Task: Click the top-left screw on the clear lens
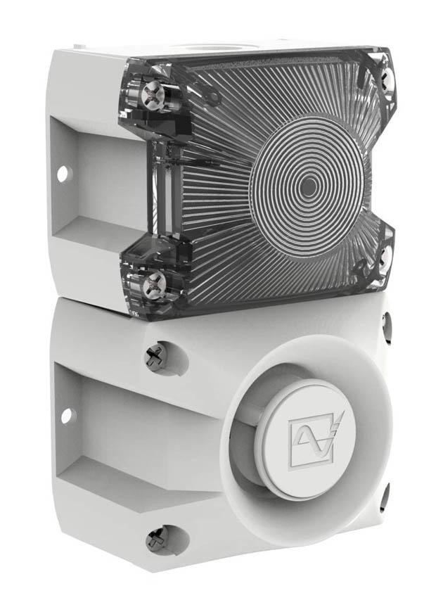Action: pos(154,93)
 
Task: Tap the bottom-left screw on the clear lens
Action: pos(154,285)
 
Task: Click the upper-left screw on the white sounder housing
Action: pos(154,358)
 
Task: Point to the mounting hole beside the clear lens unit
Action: pos(63,171)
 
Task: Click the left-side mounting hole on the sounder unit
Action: pos(65,416)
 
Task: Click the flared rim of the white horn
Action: pos(243,492)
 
